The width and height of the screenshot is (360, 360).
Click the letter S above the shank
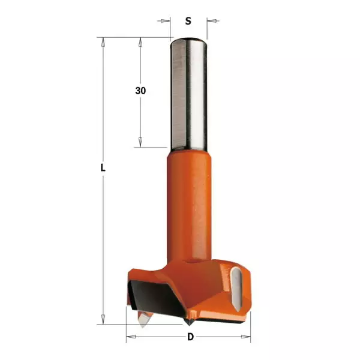(188, 21)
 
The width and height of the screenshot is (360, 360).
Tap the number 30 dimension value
(140, 91)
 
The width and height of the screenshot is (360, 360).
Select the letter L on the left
(103, 170)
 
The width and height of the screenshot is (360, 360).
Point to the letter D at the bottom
(191, 337)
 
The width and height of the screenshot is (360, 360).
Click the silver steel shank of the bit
(188, 96)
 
